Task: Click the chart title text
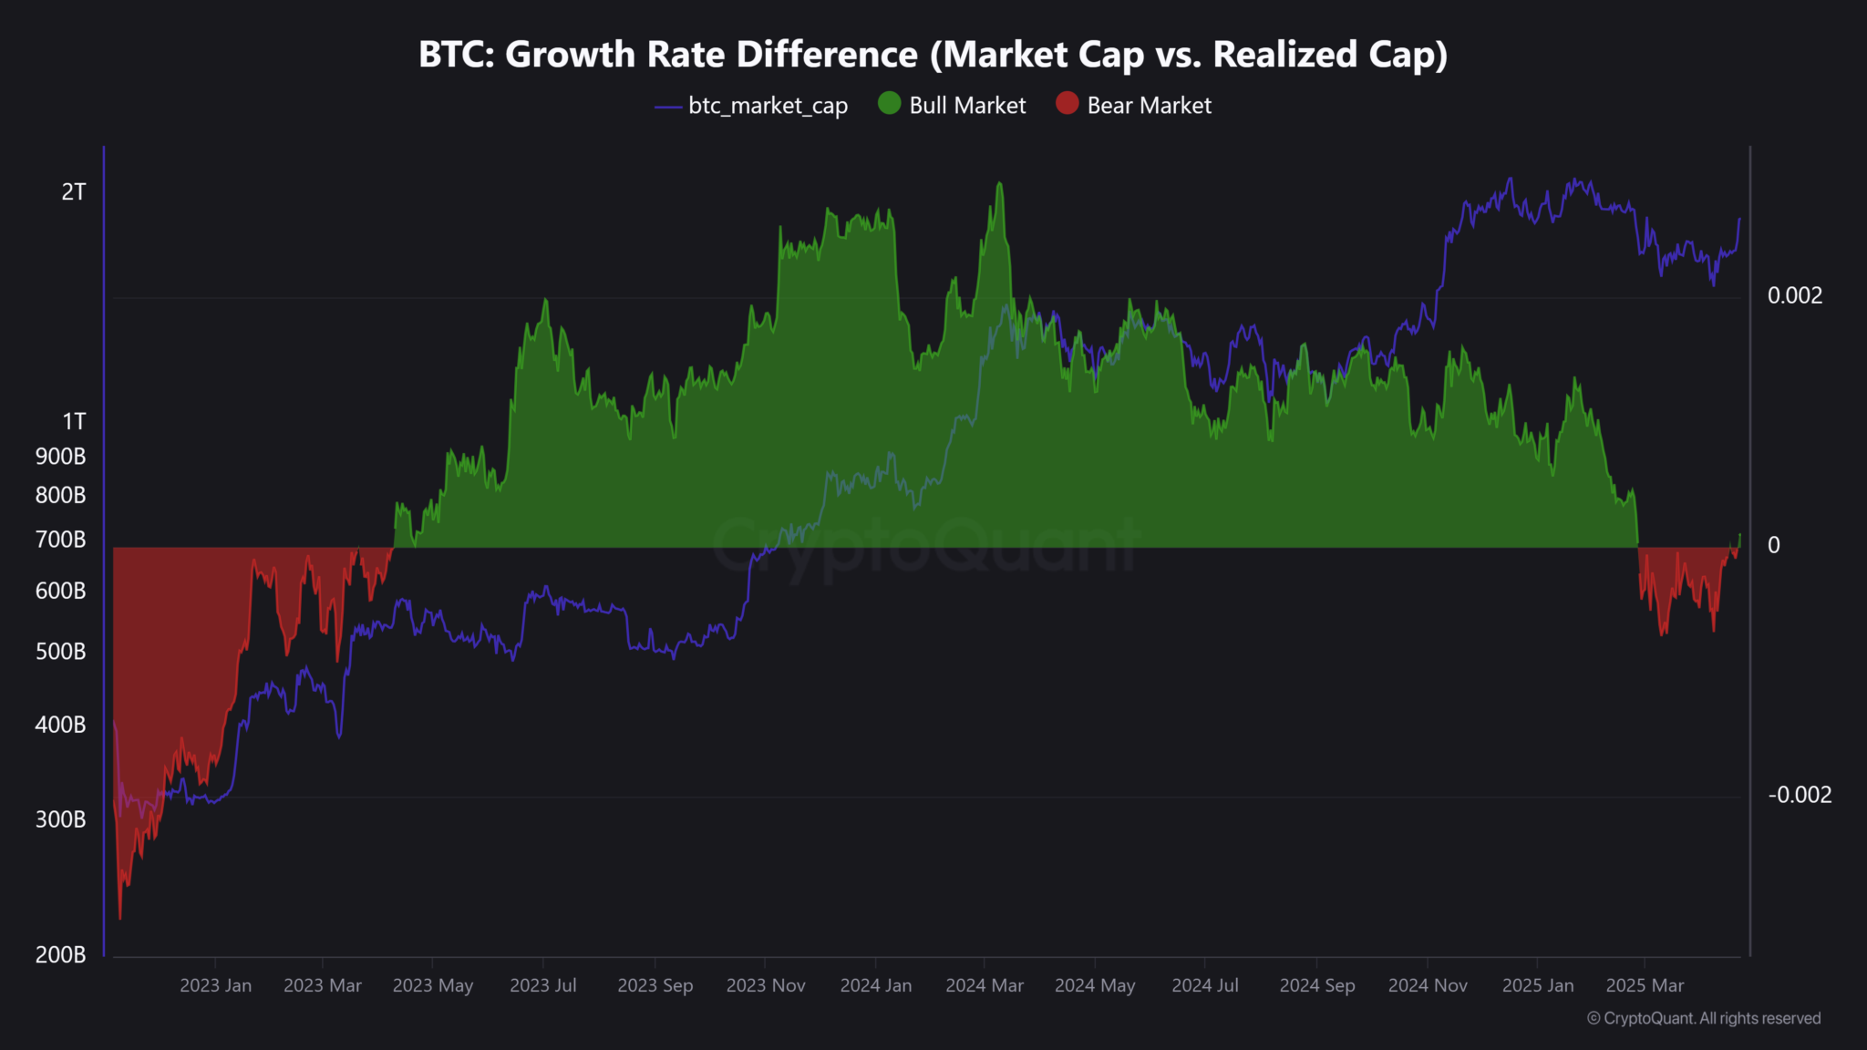pos(933,55)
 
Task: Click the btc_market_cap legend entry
pos(751,106)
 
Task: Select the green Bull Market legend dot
pos(889,104)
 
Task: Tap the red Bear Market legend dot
pos(1067,104)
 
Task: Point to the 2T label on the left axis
pos(74,192)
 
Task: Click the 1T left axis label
pos(74,422)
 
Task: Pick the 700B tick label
pos(61,540)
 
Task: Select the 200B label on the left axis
pos(61,955)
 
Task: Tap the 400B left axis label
pos(61,726)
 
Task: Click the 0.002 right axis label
pos(1795,296)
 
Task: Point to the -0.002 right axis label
pos(1800,796)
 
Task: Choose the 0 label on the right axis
pos(1774,546)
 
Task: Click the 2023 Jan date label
pos(215,986)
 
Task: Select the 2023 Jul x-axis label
pos(543,986)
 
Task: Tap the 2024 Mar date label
pos(985,986)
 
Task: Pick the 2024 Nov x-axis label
pos(1428,986)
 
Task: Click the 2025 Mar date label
pos(1645,986)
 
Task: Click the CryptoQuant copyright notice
pos(1704,1019)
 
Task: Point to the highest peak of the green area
pos(1000,183)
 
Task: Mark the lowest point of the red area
pos(120,918)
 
